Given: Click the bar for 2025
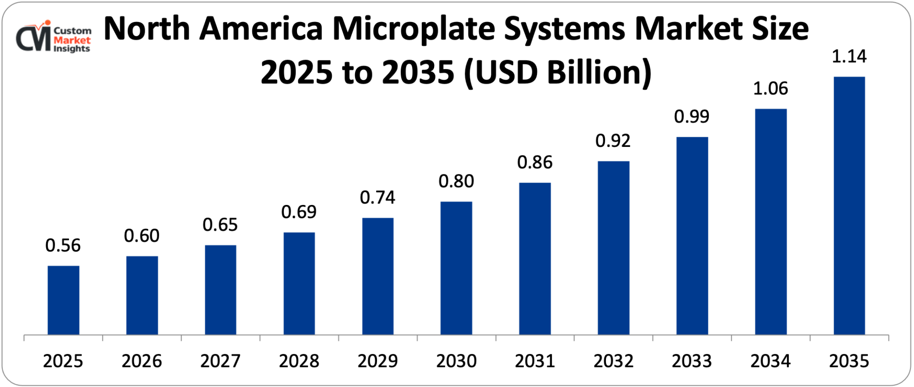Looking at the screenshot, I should (x=63, y=300).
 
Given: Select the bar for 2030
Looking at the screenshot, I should (x=456, y=268).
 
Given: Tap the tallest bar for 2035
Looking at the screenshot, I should (x=849, y=206).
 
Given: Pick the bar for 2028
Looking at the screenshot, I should (x=299, y=284).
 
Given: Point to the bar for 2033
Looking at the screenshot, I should (x=692, y=236).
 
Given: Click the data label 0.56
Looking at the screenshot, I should (x=63, y=246).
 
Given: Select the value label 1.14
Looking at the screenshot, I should (x=849, y=56).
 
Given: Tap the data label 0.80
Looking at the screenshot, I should (x=456, y=182).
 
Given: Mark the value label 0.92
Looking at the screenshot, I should (x=613, y=141).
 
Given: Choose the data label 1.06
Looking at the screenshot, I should (x=771, y=89).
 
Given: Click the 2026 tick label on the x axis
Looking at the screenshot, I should (x=142, y=361).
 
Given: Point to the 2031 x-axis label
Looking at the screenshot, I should (x=535, y=361).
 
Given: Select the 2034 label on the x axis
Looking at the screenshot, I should (x=771, y=361).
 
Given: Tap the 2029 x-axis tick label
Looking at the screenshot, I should (x=377, y=361).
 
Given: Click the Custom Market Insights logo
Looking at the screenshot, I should (x=53, y=38).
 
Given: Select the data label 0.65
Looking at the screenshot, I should (x=220, y=225).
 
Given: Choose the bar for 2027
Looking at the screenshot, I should (x=220, y=290).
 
